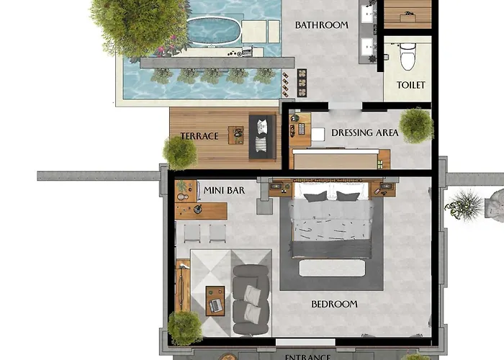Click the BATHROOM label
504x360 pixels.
[x=321, y=25]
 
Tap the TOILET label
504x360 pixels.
[x=411, y=85]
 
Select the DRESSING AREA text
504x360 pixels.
[x=365, y=132]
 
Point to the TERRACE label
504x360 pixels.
[x=199, y=136]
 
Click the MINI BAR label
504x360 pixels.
[x=224, y=190]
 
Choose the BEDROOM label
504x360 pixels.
[x=334, y=304]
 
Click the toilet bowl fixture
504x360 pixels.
[x=408, y=56]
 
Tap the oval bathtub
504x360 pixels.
[x=213, y=30]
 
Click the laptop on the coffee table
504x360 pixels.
[x=216, y=305]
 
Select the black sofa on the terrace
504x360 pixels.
[x=262, y=137]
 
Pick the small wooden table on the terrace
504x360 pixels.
[x=236, y=135]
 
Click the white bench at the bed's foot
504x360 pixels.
[x=332, y=268]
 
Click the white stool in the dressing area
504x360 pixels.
[x=318, y=135]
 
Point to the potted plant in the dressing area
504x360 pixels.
[x=416, y=125]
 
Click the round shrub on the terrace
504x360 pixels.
[x=180, y=153]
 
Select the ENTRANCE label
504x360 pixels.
[x=307, y=357]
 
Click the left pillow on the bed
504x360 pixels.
[x=315, y=197]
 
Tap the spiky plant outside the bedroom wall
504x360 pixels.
[x=464, y=205]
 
